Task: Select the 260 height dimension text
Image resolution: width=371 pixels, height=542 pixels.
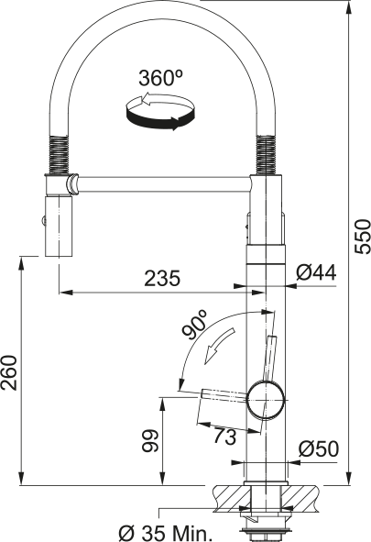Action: click(10, 371)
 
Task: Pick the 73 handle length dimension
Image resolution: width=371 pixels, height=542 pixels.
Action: click(224, 437)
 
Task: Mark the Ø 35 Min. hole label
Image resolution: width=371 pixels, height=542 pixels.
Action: click(166, 531)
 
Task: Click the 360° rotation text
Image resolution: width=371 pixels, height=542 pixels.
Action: click(161, 79)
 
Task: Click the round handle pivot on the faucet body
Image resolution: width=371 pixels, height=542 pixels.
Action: click(264, 399)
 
